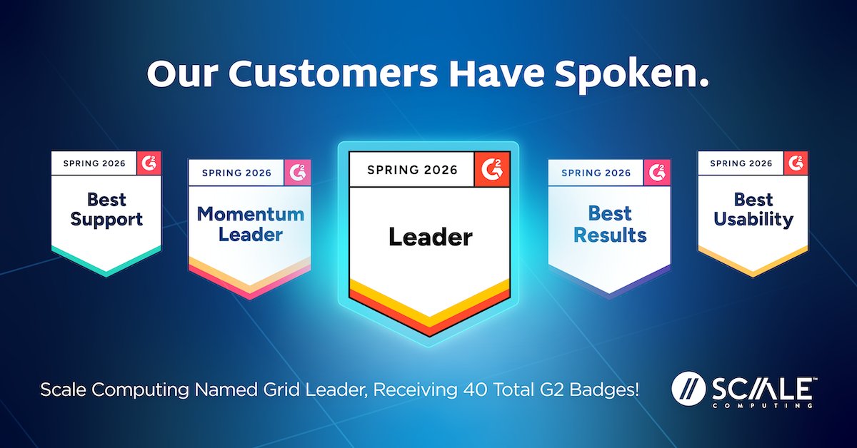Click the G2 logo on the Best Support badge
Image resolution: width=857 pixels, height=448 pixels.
point(149,163)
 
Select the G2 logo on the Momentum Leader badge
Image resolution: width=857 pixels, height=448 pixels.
point(297,173)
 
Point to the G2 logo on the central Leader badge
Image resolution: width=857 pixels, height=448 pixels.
point(491,169)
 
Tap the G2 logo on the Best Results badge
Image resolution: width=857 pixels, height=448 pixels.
point(657,173)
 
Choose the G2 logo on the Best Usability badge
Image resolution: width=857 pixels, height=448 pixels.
point(796,163)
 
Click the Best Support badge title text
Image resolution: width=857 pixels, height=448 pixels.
point(106,210)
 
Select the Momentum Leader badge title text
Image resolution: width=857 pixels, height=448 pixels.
point(251,224)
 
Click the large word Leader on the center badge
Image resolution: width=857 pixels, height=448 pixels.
point(431,237)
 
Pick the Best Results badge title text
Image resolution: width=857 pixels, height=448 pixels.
point(610,224)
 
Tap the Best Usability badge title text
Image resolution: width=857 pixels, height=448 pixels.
point(753,210)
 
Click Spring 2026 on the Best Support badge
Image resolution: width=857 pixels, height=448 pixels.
point(94,163)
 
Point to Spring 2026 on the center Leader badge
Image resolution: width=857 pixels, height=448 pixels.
point(413,170)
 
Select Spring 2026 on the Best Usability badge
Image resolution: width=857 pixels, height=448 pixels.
point(741,163)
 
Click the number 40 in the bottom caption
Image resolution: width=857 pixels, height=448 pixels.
point(476,390)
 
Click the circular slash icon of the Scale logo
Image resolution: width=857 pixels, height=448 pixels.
point(688,388)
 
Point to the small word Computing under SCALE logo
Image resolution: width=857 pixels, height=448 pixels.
point(762,406)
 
